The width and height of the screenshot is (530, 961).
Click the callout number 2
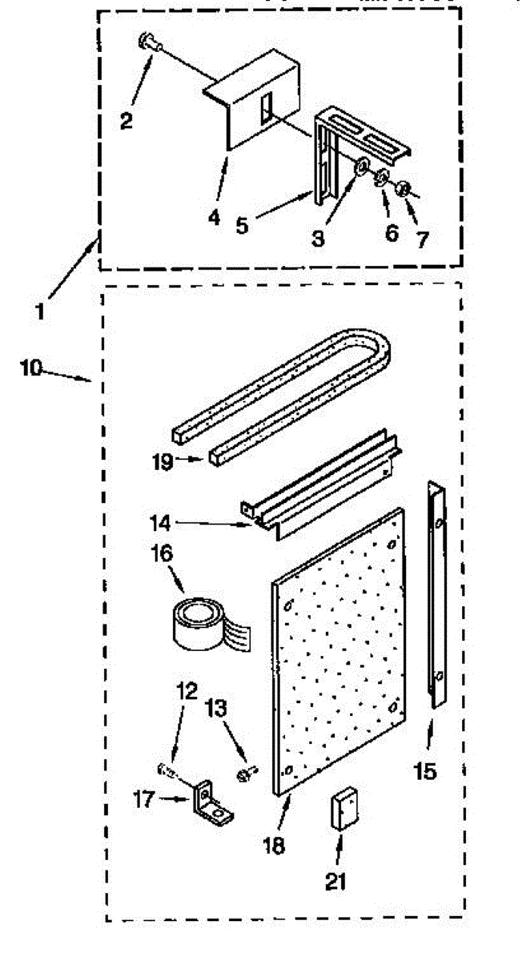(126, 121)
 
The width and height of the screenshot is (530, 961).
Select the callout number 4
(214, 217)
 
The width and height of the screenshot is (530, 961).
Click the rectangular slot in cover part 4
(266, 107)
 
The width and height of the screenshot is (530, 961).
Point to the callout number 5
(243, 225)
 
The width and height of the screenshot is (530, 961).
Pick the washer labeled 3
(362, 166)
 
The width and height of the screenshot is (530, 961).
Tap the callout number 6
(391, 233)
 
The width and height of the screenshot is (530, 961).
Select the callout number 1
(39, 311)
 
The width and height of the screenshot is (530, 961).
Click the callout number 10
(31, 368)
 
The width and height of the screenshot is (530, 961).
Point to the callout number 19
(163, 462)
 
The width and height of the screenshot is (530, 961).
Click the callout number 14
(160, 523)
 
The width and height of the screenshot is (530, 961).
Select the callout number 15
(425, 771)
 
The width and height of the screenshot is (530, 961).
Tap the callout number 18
(274, 846)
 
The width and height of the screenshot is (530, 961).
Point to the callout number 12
(187, 690)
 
